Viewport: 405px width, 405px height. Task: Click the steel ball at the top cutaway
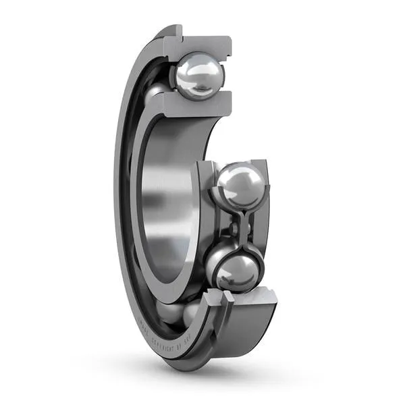198,76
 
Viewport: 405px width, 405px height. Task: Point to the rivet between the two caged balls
236,227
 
